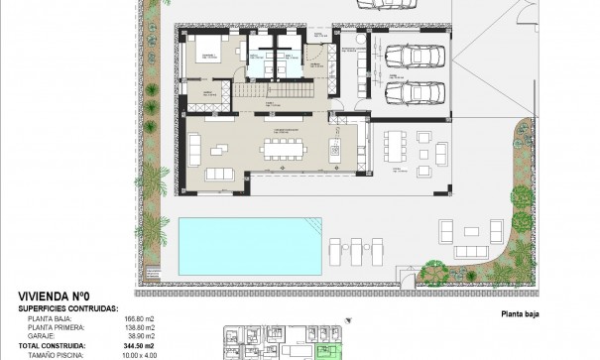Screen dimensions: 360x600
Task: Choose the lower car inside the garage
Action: [x=408, y=92]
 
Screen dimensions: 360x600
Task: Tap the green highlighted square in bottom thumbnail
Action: [x=322, y=351]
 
